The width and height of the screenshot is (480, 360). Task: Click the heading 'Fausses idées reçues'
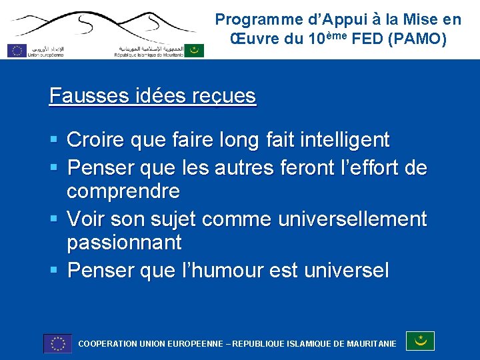click(x=152, y=96)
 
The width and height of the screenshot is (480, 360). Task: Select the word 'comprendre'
click(x=123, y=191)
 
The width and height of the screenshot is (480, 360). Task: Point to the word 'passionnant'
click(x=124, y=242)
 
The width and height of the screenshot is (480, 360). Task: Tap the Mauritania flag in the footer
click(x=420, y=341)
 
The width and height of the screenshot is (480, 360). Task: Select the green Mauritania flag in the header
click(x=194, y=50)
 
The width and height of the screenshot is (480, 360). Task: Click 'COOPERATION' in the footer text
click(x=107, y=344)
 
